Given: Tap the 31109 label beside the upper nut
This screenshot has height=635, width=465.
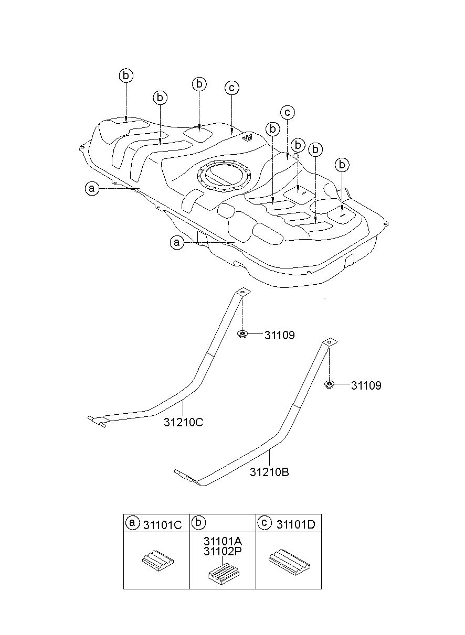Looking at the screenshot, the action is coord(279,336).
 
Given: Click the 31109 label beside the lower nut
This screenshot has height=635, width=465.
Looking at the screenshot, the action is coord(366,385).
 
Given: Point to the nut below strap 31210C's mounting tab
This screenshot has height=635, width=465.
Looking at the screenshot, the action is coord(241,334).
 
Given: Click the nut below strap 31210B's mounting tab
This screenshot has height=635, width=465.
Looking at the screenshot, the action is coord(329,384).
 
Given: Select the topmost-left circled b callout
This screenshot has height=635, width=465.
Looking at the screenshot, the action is coord(125,76).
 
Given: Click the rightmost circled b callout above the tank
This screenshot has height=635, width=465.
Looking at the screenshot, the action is coord(342,165).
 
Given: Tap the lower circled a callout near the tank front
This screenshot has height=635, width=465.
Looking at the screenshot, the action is coord(177,243).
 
